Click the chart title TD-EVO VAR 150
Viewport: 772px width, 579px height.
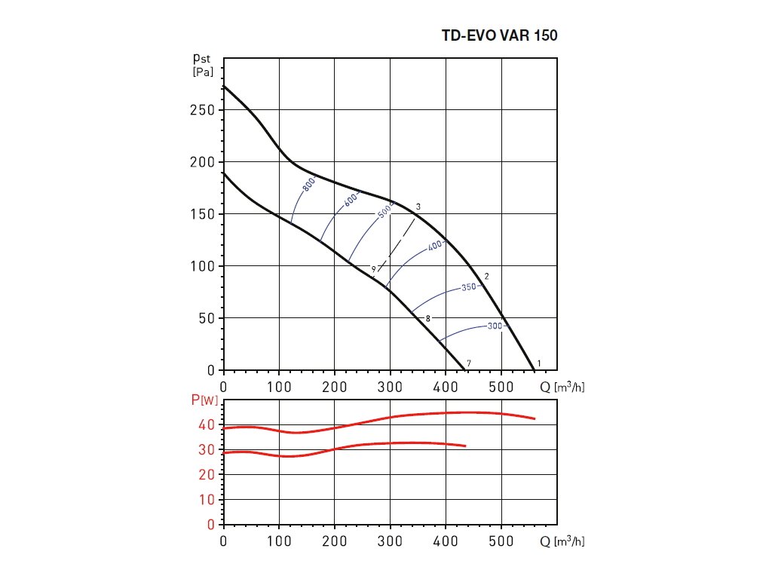499,35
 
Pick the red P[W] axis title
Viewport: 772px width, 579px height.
204,400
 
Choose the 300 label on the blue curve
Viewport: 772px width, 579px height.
495,326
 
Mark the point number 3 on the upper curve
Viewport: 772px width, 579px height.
418,207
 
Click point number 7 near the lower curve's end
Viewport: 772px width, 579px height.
469,363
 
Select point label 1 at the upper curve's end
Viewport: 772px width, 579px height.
538,363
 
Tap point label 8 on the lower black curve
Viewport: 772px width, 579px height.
428,319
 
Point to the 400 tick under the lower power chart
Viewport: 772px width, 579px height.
446,541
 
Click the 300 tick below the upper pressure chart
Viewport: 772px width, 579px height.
390,388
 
